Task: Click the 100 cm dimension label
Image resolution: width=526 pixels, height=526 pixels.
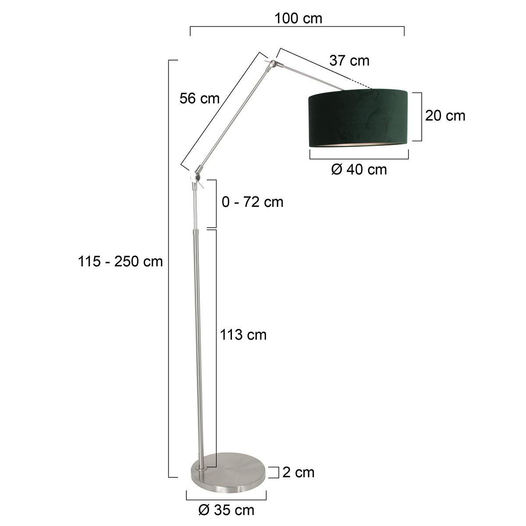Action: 298,18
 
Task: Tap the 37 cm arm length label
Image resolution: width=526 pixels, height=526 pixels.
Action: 349,60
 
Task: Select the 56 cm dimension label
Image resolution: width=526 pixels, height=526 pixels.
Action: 199,99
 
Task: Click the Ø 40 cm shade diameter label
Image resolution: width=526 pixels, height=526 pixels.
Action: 359,169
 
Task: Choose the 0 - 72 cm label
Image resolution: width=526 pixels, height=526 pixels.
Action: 252,202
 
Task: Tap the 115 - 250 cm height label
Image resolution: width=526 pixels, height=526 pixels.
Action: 121,262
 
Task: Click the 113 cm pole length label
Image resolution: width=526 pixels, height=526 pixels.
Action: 243,335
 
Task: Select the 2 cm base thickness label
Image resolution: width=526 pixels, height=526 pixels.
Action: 299,472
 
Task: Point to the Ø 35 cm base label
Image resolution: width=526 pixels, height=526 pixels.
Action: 226,510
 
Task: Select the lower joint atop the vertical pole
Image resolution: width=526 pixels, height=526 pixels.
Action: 195,177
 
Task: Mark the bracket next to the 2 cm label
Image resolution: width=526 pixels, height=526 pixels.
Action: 277,472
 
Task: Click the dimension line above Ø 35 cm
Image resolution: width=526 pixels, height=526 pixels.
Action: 226,499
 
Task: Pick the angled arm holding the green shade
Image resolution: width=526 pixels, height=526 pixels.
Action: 311,77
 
